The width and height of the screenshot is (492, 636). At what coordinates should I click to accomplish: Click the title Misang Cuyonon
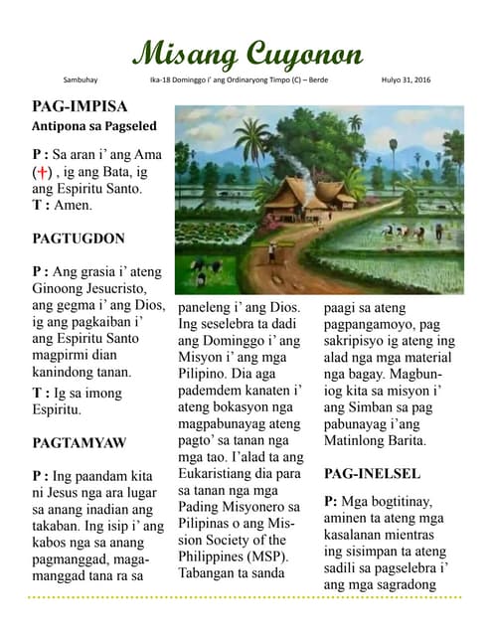pos(247,53)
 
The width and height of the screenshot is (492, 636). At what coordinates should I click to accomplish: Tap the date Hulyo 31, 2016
pos(406,79)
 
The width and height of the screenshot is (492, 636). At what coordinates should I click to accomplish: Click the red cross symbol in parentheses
pos(45,172)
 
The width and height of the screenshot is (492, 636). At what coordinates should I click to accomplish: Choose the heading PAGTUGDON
pos(79,238)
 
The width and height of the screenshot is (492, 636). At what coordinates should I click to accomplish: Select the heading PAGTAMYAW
pos(80,442)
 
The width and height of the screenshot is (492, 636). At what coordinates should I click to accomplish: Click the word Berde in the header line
pos(315,79)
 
